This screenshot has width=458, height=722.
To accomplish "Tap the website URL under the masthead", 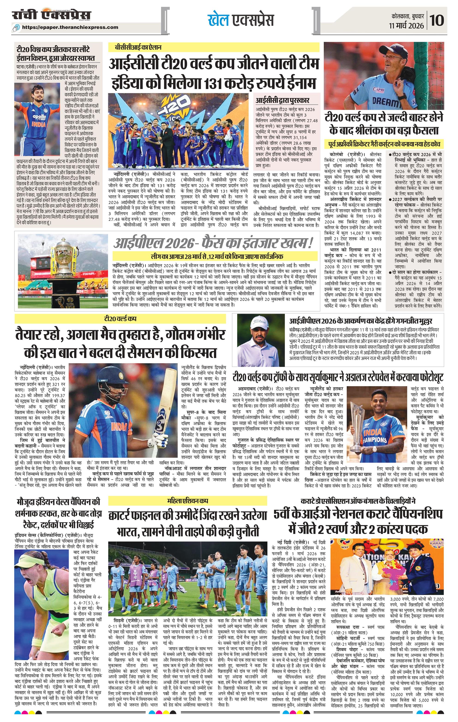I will click(x=70, y=27).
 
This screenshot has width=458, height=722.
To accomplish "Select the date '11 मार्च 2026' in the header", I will click(x=407, y=26).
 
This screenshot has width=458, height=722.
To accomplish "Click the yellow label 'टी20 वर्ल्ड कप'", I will click(x=120, y=319).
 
